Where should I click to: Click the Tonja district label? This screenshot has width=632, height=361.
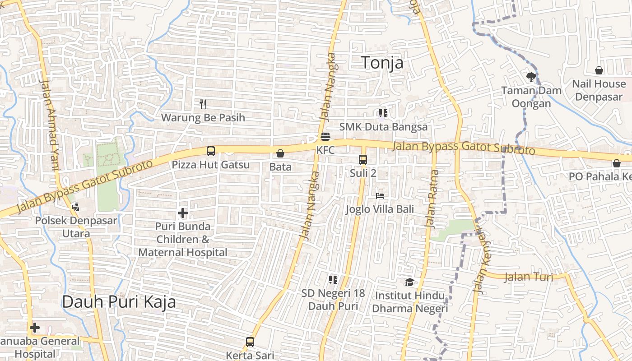pos(382,63)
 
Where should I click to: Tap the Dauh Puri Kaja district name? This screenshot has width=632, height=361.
pos(119,302)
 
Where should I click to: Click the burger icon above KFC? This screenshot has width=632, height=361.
pos(325,137)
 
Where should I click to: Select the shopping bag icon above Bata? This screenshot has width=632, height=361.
pos(280,154)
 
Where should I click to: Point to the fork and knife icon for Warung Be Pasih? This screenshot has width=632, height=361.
pos(203,104)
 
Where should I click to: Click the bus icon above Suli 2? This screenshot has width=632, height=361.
pos(363,159)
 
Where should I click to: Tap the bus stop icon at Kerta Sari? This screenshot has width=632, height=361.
pos(250,342)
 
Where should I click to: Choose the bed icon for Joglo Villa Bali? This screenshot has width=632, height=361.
pos(380,196)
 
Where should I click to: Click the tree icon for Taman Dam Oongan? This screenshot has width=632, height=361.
pos(531,77)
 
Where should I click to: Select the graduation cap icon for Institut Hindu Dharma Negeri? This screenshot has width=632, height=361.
pos(409,282)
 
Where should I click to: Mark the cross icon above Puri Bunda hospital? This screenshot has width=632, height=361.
pos(183,213)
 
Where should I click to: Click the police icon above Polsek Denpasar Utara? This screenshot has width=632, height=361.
pos(76,207)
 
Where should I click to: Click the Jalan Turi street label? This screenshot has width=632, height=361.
pos(528,277)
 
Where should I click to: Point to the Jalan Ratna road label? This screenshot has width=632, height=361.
pos(432,199)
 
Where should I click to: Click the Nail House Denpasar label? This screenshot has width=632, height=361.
pos(599,90)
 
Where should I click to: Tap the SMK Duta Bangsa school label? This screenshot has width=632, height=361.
pos(383,127)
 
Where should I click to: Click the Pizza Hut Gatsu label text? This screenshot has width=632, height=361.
pos(210,165)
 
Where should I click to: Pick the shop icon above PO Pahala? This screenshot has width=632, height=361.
pos(617,163)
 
